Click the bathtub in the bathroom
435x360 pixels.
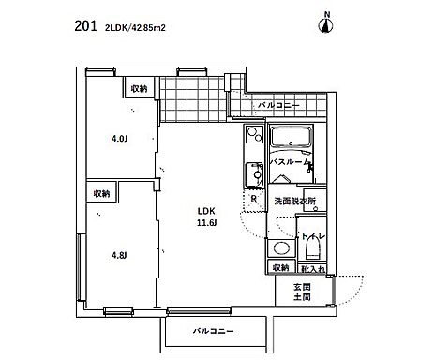297,142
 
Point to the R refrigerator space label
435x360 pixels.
254,199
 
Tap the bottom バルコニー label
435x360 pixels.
214,331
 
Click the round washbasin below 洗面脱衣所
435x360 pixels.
277,249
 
